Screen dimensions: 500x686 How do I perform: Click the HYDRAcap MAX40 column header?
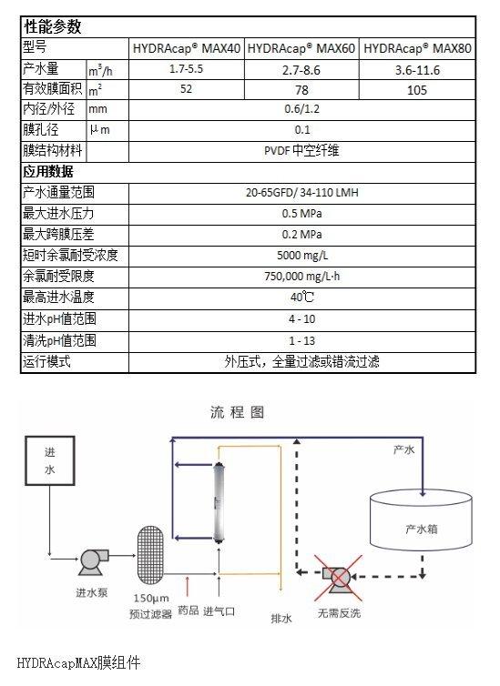click(187, 48)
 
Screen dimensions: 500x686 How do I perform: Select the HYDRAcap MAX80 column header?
click(417, 48)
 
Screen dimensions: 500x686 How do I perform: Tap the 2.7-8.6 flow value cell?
click(301, 70)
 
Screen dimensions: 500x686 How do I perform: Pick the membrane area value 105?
click(417, 90)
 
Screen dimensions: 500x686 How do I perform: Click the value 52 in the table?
click(186, 89)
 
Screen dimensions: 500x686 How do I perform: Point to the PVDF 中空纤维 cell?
click(301, 151)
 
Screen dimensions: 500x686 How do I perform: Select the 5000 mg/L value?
click(302, 255)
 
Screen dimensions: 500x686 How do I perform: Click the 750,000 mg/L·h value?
click(302, 276)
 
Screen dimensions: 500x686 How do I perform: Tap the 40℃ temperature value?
click(302, 298)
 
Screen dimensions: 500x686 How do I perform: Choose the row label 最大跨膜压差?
click(58, 234)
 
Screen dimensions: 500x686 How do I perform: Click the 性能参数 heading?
click(53, 26)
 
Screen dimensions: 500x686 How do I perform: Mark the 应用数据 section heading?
click(48, 171)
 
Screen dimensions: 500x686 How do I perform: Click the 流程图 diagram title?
click(237, 412)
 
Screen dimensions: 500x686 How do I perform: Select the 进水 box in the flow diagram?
click(49, 460)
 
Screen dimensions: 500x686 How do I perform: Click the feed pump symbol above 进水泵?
click(93, 560)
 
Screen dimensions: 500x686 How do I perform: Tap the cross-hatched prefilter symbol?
click(150, 555)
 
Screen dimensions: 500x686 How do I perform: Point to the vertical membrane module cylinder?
click(219, 502)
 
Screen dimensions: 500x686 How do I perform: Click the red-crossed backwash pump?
click(338, 578)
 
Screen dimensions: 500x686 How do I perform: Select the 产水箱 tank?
click(421, 520)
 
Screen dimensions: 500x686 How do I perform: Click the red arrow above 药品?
click(188, 587)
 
